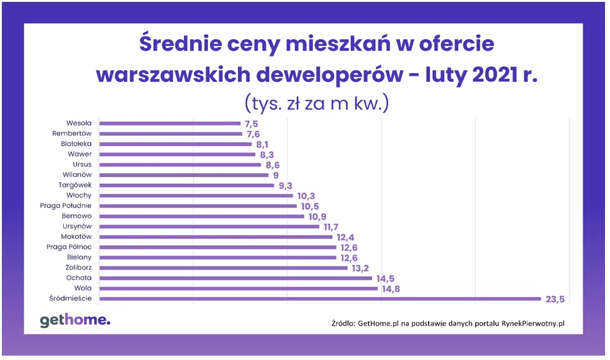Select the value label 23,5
point(553,299)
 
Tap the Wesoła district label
point(79,123)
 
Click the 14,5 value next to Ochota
point(385,278)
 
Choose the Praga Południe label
point(66,205)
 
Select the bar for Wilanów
point(184,175)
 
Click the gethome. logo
point(75,320)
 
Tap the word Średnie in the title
point(179,45)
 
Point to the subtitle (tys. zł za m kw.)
point(316,102)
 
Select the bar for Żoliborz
point(224,268)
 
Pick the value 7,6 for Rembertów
point(253,133)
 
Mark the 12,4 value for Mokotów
point(346,236)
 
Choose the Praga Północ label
point(69,246)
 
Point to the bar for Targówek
point(187,185)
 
